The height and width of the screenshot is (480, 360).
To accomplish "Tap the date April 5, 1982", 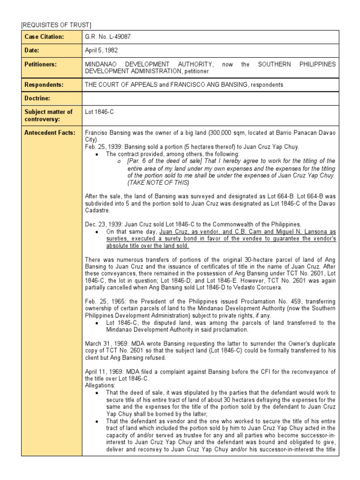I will (100, 50).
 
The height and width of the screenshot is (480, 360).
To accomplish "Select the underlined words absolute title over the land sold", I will (148, 246).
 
